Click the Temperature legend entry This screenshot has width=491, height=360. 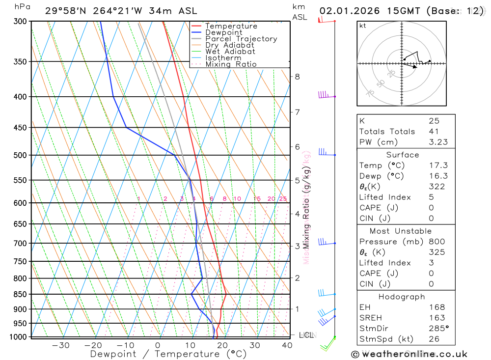coord(231,26)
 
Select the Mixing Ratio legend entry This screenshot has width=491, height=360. coord(231,64)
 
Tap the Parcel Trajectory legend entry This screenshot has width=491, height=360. coord(241,39)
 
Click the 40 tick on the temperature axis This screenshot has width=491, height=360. coord(287,345)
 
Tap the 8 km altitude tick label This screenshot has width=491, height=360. coord(297,77)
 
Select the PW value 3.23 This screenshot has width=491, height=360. coord(437,142)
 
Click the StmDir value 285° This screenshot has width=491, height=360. coord(438,329)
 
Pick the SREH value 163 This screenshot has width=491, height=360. coord(436,318)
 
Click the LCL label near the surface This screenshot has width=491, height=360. coord(306,335)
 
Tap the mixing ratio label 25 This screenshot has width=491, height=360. coord(283,199)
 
